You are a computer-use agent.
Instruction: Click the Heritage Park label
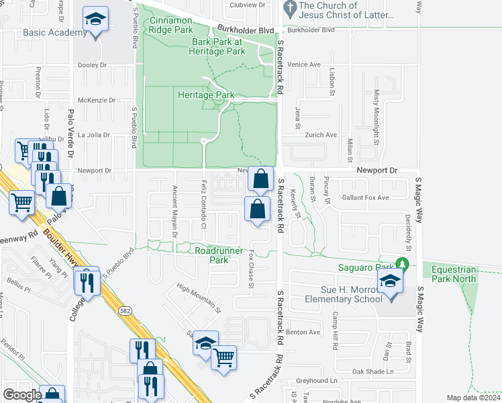(x=206, y=95)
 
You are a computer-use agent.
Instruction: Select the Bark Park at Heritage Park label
(x=217, y=46)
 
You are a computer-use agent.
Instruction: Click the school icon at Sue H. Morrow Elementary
(x=389, y=281)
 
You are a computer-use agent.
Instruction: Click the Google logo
(x=22, y=395)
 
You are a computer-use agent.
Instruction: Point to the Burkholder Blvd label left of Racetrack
(x=246, y=30)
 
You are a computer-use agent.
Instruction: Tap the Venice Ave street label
(x=304, y=64)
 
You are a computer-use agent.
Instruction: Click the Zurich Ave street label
(x=321, y=135)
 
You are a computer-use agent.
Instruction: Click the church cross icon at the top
(x=290, y=9)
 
